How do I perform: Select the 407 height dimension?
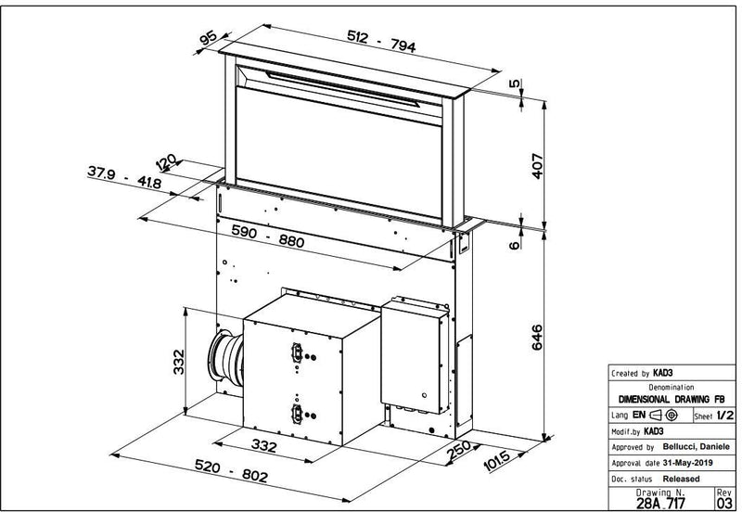pyautogui.click(x=536, y=164)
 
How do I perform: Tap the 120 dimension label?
pyautogui.click(x=167, y=164)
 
